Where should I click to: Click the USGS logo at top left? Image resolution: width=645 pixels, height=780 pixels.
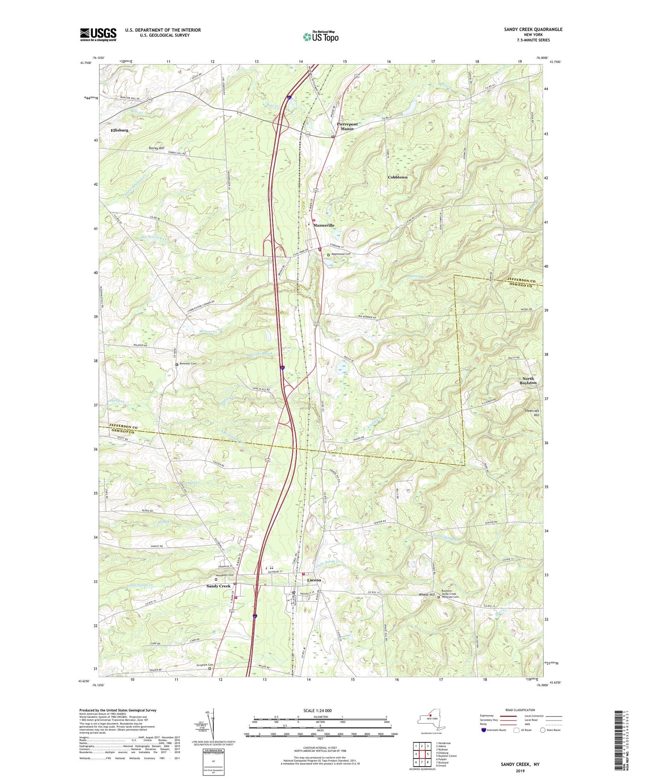pyautogui.click(x=98, y=34)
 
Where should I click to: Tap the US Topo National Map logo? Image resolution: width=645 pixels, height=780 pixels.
pyautogui.click(x=320, y=37)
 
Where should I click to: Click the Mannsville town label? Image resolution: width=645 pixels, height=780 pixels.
pyautogui.click(x=324, y=226)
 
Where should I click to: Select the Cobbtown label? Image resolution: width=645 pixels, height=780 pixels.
pyautogui.click(x=397, y=177)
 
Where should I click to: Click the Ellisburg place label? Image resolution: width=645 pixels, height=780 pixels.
pyautogui.click(x=119, y=130)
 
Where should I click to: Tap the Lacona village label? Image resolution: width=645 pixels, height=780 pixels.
pyautogui.click(x=314, y=580)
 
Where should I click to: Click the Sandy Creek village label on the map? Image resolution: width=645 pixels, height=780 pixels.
pyautogui.click(x=218, y=586)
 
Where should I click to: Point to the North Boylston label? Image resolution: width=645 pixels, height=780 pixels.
pyautogui.click(x=528, y=381)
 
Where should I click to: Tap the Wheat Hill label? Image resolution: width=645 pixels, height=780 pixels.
pyautogui.click(x=427, y=595)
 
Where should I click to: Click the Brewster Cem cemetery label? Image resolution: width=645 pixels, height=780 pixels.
pyautogui.click(x=188, y=364)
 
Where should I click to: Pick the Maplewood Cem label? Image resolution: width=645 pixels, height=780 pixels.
pyautogui.click(x=341, y=254)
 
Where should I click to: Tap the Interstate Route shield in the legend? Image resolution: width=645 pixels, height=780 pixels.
pyautogui.click(x=484, y=730)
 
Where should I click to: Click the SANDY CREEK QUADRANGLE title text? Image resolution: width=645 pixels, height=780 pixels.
pyautogui.click(x=533, y=29)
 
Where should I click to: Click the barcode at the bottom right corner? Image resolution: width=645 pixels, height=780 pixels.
pyautogui.click(x=618, y=742)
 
